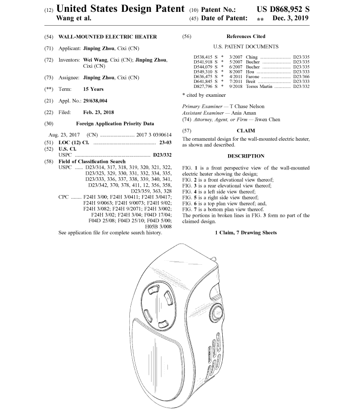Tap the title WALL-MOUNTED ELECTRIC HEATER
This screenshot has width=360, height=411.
[108, 37]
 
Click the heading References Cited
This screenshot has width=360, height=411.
[245, 37]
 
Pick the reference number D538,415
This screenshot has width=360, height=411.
[203, 57]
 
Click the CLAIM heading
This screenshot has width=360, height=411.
[245, 131]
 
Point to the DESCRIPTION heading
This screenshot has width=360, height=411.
[245, 156]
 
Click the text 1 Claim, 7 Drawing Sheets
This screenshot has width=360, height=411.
[245, 232]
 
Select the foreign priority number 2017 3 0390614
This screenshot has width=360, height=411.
[147, 135]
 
